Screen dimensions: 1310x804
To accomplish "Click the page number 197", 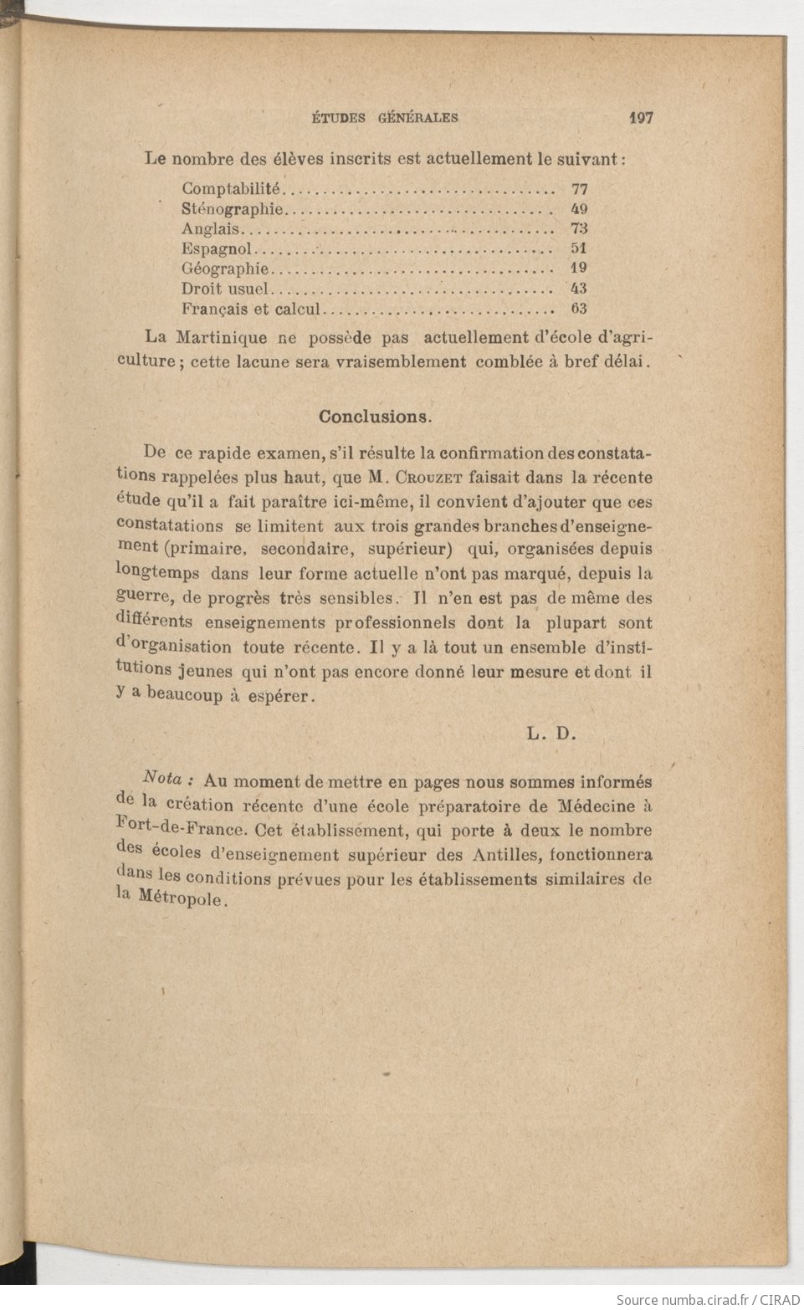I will (x=640, y=118).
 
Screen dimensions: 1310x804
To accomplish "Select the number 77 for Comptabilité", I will (x=579, y=189).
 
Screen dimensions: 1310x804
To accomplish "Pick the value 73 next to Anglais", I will (x=579, y=228).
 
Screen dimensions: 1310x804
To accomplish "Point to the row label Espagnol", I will (x=217, y=248).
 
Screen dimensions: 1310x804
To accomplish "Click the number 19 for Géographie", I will (x=579, y=269).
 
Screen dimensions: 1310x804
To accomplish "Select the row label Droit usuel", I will (x=225, y=289).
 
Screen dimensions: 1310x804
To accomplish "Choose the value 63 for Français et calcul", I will (x=579, y=308).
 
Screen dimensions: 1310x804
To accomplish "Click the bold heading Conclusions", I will (x=375, y=416).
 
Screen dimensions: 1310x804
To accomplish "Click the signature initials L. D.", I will (x=552, y=734).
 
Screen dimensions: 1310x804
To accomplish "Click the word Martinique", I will (x=223, y=338).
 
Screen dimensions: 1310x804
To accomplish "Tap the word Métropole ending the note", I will (x=180, y=902).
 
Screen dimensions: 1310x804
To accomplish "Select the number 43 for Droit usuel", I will (x=579, y=289).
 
